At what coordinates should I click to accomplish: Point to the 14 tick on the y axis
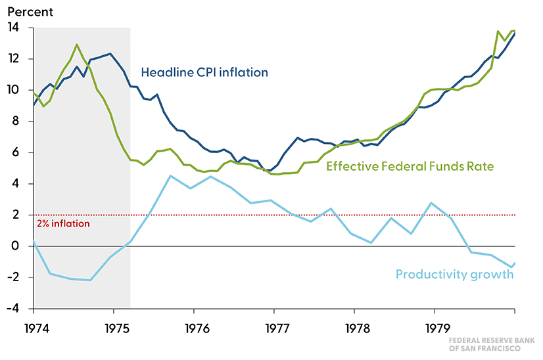[13, 28]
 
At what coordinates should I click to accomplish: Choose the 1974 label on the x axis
[34, 326]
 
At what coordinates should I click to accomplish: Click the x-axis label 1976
[193, 326]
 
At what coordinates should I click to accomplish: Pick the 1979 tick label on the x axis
[434, 326]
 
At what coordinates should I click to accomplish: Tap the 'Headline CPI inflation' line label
[205, 72]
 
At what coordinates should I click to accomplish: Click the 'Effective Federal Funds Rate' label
[410, 167]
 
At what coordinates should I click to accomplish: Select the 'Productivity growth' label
[454, 274]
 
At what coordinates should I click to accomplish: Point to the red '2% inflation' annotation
[63, 223]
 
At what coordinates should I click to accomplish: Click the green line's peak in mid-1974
[77, 45]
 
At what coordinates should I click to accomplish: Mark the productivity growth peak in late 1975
[170, 175]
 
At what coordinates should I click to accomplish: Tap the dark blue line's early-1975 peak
[110, 54]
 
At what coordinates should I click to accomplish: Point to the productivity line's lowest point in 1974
[90, 281]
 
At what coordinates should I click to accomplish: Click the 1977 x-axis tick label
[273, 326]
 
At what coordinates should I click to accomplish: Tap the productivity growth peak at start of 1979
[431, 203]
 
